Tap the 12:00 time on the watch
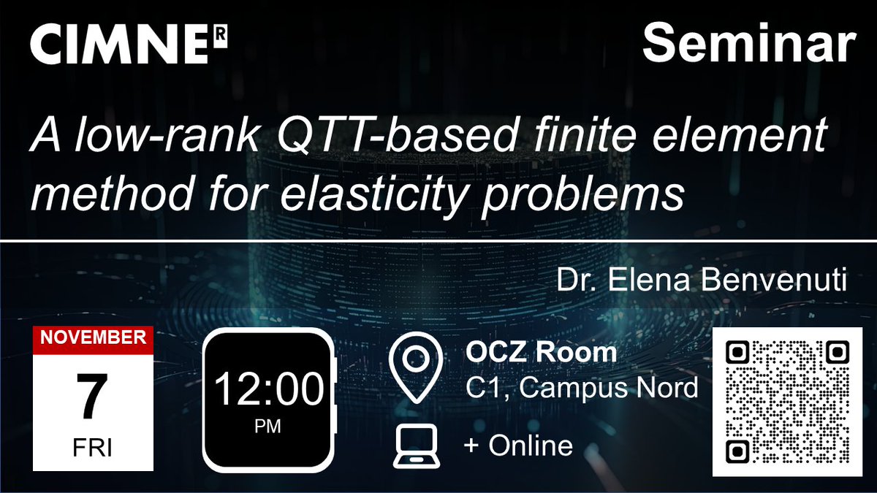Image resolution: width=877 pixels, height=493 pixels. pyautogui.click(x=268, y=389)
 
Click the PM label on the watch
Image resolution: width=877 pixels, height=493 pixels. pyautogui.click(x=268, y=427)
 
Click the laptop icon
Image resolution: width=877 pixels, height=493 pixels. pyautogui.click(x=416, y=446)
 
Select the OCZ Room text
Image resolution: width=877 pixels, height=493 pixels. pyautogui.click(x=541, y=353)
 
